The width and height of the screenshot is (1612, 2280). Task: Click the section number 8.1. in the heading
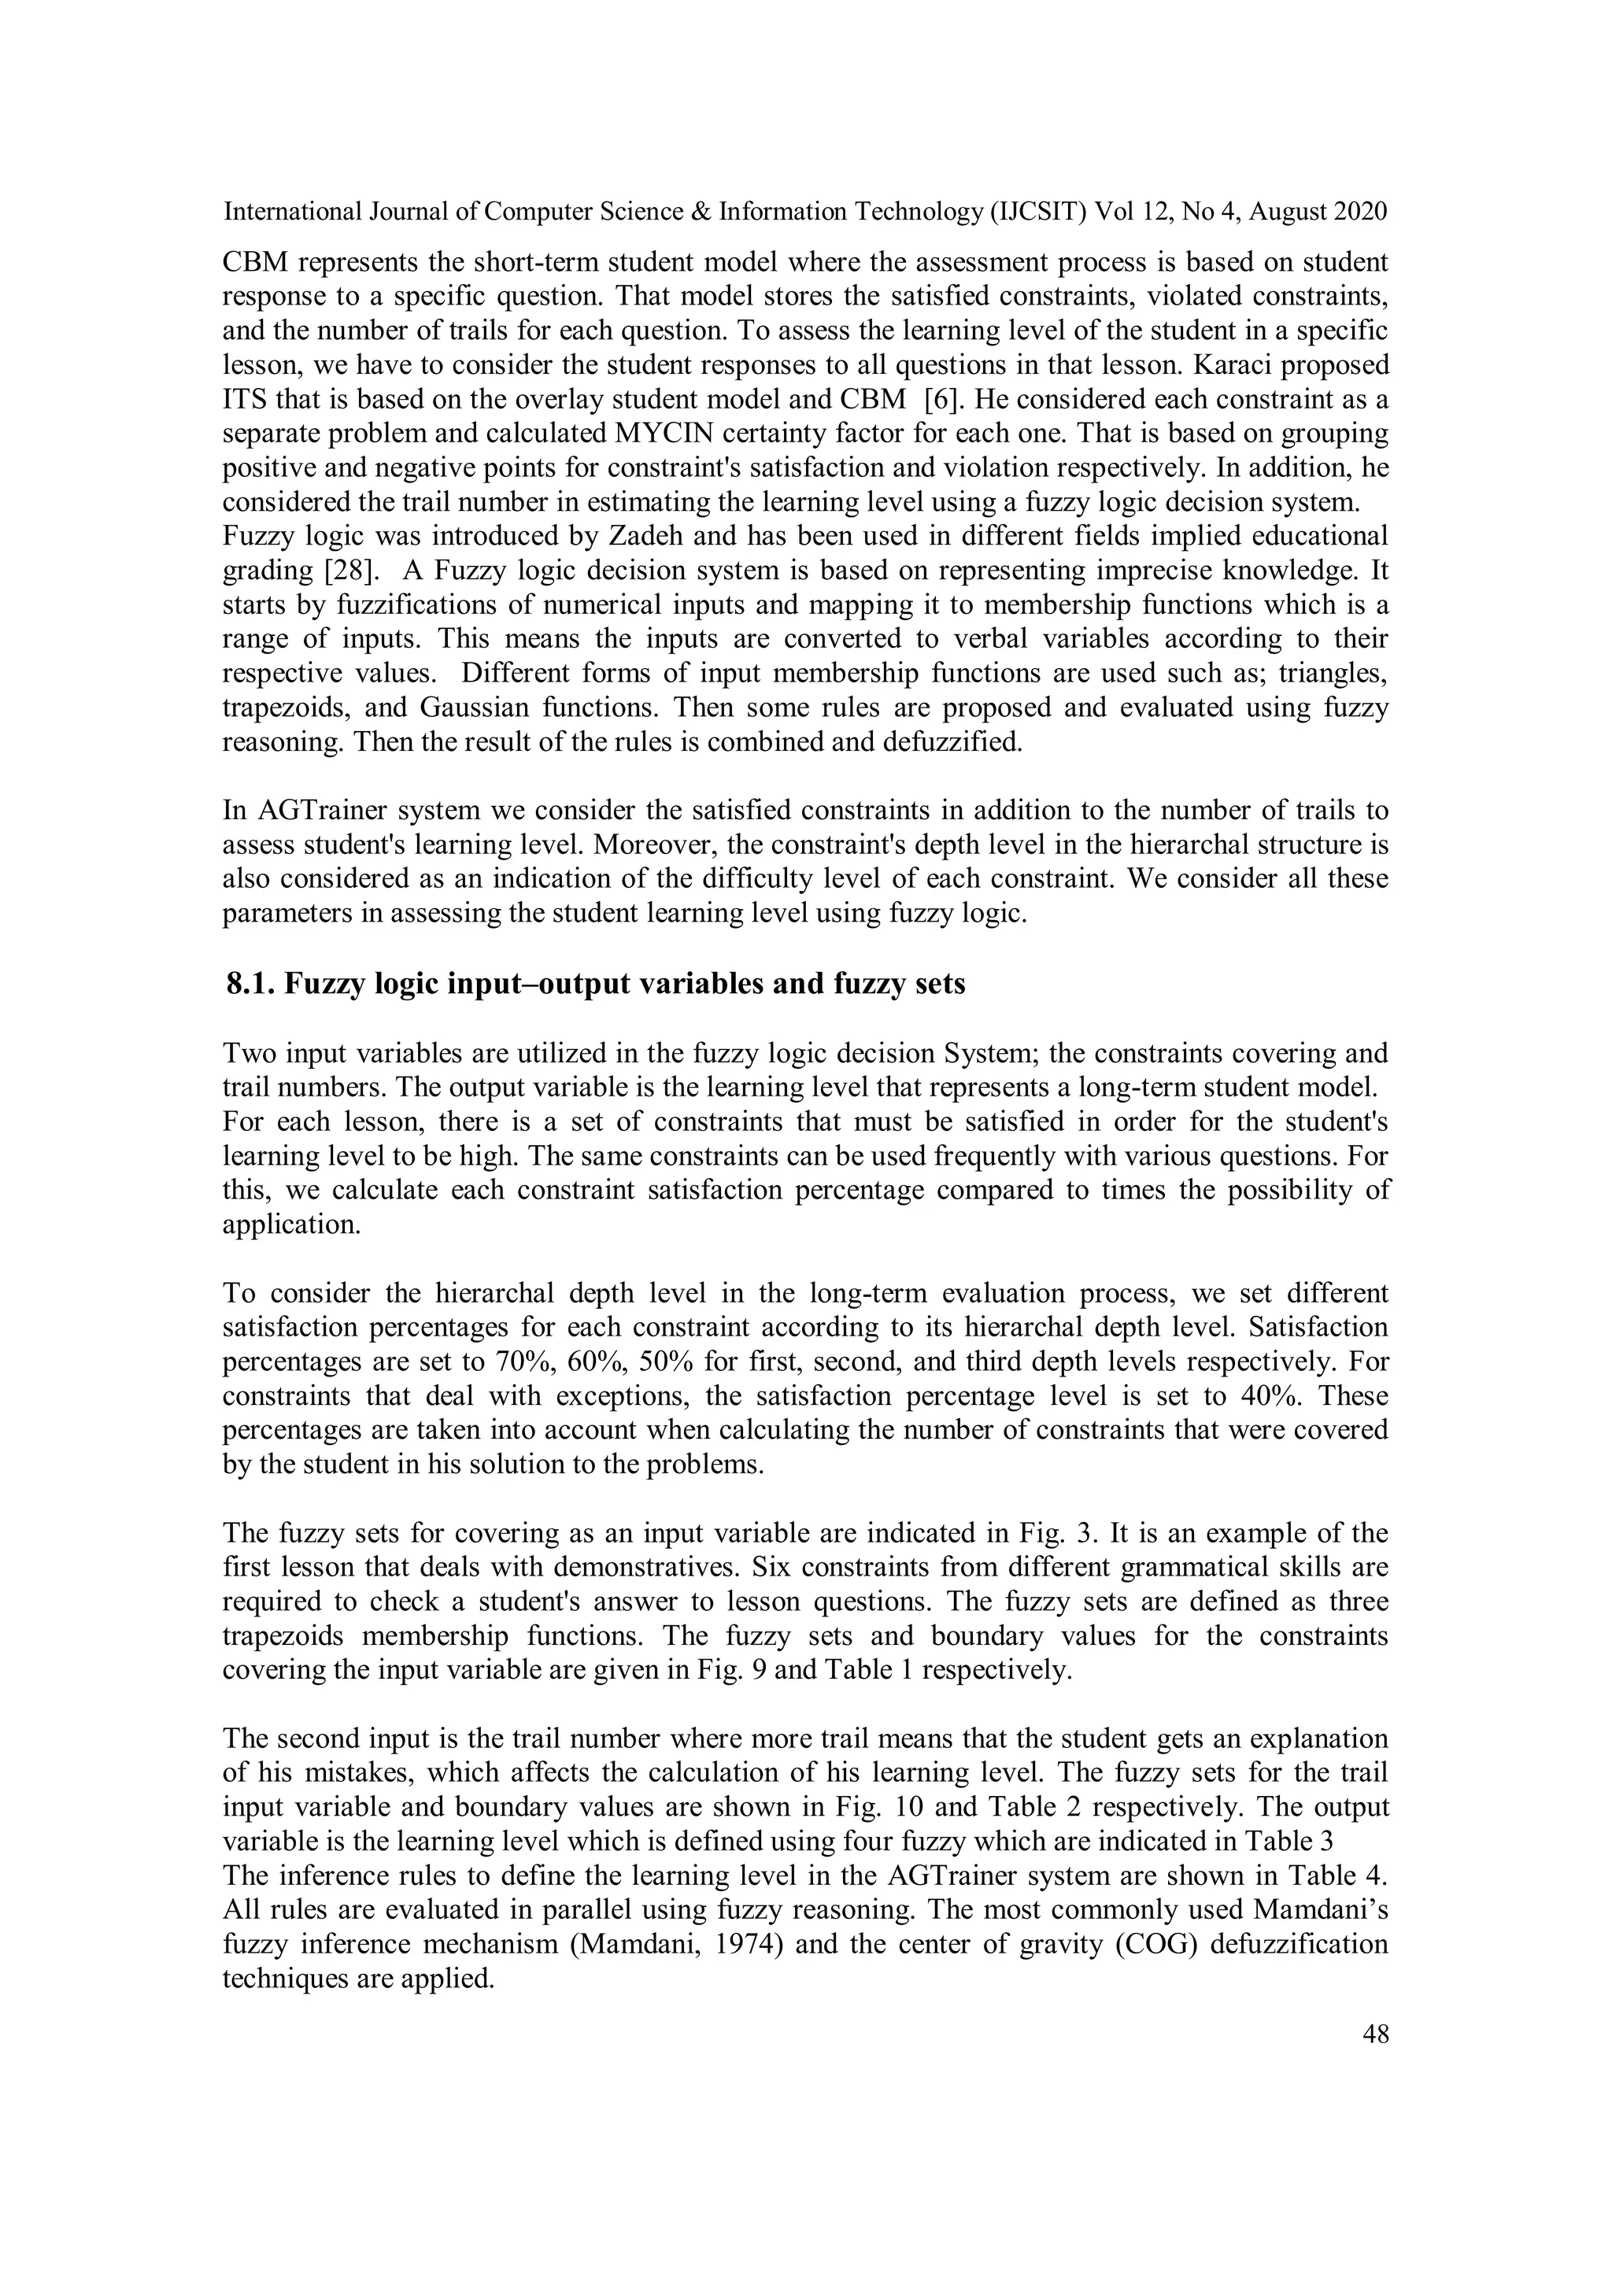point(251,984)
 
